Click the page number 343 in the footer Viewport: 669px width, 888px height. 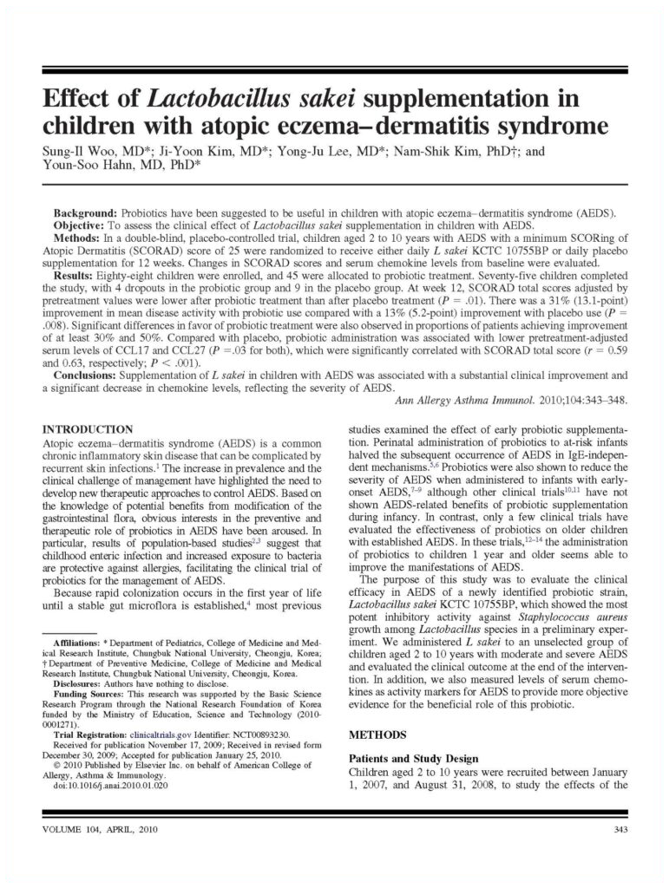tap(619, 832)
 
